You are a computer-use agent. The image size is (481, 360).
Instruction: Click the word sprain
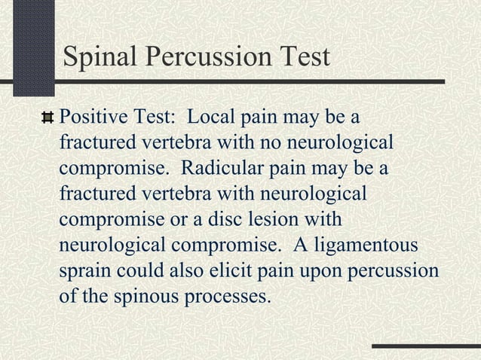tap(84, 270)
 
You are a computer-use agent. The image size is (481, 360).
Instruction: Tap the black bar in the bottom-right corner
tap(426, 346)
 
